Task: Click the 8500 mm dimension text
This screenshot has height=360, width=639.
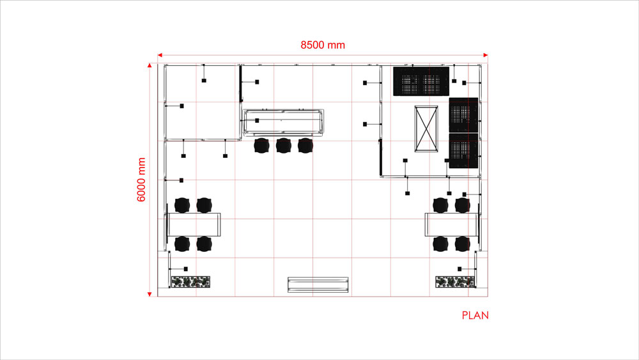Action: coord(323,45)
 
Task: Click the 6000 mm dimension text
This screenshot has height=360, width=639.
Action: coord(142,180)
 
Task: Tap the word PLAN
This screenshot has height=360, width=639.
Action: coord(475,315)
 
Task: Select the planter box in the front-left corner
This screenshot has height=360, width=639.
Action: coord(190,281)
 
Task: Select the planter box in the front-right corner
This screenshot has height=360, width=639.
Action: coord(455,281)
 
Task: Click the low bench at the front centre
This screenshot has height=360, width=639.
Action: coord(318,285)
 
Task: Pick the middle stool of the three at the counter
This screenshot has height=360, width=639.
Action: coord(283,146)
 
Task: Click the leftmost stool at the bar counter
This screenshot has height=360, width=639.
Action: coord(261,146)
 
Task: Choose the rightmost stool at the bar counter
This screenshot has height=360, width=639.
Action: coord(305,146)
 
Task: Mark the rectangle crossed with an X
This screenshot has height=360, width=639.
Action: coord(426,129)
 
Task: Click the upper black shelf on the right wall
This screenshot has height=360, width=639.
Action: coord(464,115)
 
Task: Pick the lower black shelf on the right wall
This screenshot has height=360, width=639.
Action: coord(464,152)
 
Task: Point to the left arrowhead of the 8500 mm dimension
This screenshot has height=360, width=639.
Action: coord(160,56)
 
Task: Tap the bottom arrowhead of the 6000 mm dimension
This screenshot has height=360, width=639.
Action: coord(150,293)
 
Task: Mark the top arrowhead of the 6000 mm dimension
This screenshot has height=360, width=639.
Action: coord(150,67)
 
